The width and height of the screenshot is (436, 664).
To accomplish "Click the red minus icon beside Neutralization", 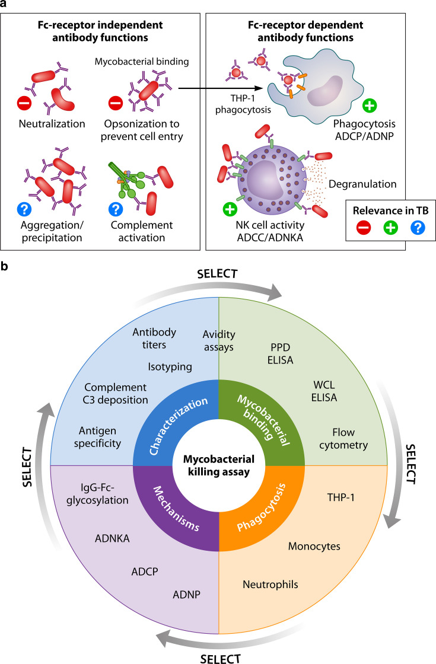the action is pyautogui.click(x=24, y=103).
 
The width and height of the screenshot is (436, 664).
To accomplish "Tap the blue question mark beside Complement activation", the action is pyautogui.click(x=116, y=209).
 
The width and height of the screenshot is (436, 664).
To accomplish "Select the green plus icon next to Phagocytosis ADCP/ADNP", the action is pyautogui.click(x=370, y=105).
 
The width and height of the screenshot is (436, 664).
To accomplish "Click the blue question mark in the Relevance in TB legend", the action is pyautogui.click(x=418, y=228).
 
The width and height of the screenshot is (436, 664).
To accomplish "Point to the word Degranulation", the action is pyautogui.click(x=362, y=184).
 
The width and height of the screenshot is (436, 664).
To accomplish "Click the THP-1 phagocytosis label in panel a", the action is pyautogui.click(x=243, y=104).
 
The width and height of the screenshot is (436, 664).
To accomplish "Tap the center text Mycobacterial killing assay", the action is pyautogui.click(x=219, y=465).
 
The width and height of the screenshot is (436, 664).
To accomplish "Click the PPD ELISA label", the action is pyautogui.click(x=280, y=353).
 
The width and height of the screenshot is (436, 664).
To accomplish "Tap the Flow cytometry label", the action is pyautogui.click(x=343, y=439).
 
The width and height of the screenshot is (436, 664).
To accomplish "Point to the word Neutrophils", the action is pyautogui.click(x=270, y=585).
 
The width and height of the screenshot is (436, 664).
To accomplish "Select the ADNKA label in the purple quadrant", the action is pyautogui.click(x=112, y=538).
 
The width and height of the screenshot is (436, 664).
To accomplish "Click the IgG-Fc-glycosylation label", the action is pyautogui.click(x=97, y=494).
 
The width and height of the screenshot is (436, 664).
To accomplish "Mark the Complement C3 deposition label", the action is pyautogui.click(x=115, y=394).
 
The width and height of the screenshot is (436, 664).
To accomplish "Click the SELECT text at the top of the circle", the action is pyautogui.click(x=217, y=273).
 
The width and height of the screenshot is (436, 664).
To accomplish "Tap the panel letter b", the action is pyautogui.click(x=5, y=266).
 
